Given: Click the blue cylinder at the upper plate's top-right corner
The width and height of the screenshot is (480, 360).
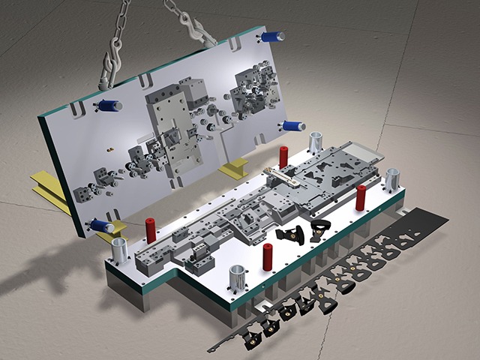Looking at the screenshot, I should (x=274, y=35).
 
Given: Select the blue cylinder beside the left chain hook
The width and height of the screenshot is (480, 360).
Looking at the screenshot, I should (x=110, y=106).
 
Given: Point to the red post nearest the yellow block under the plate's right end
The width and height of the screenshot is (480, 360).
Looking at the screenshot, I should (x=283, y=157).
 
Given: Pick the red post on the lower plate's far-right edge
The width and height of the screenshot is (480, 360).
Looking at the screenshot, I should (x=361, y=197).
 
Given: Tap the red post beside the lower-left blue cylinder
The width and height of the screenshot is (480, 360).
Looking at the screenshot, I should (x=151, y=229).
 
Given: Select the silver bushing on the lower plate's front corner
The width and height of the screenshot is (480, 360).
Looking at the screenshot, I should (x=236, y=278).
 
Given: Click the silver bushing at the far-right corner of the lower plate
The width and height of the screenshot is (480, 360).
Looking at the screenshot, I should (x=391, y=180).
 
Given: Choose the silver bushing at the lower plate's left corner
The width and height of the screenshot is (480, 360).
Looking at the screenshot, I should (x=118, y=250).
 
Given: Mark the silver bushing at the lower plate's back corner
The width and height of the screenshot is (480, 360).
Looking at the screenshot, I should (x=316, y=141).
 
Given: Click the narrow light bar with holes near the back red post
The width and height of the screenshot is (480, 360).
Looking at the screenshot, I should (x=285, y=178).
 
